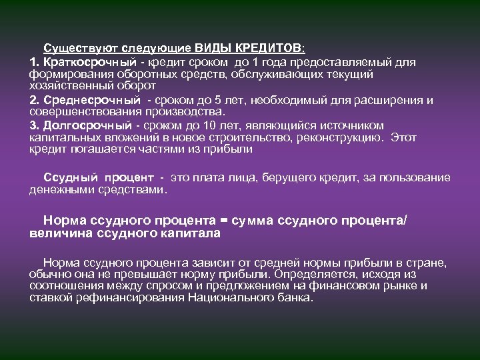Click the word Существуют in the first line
point(73,49)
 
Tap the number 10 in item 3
point(229,125)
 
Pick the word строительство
point(249,138)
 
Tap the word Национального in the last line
point(239,298)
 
